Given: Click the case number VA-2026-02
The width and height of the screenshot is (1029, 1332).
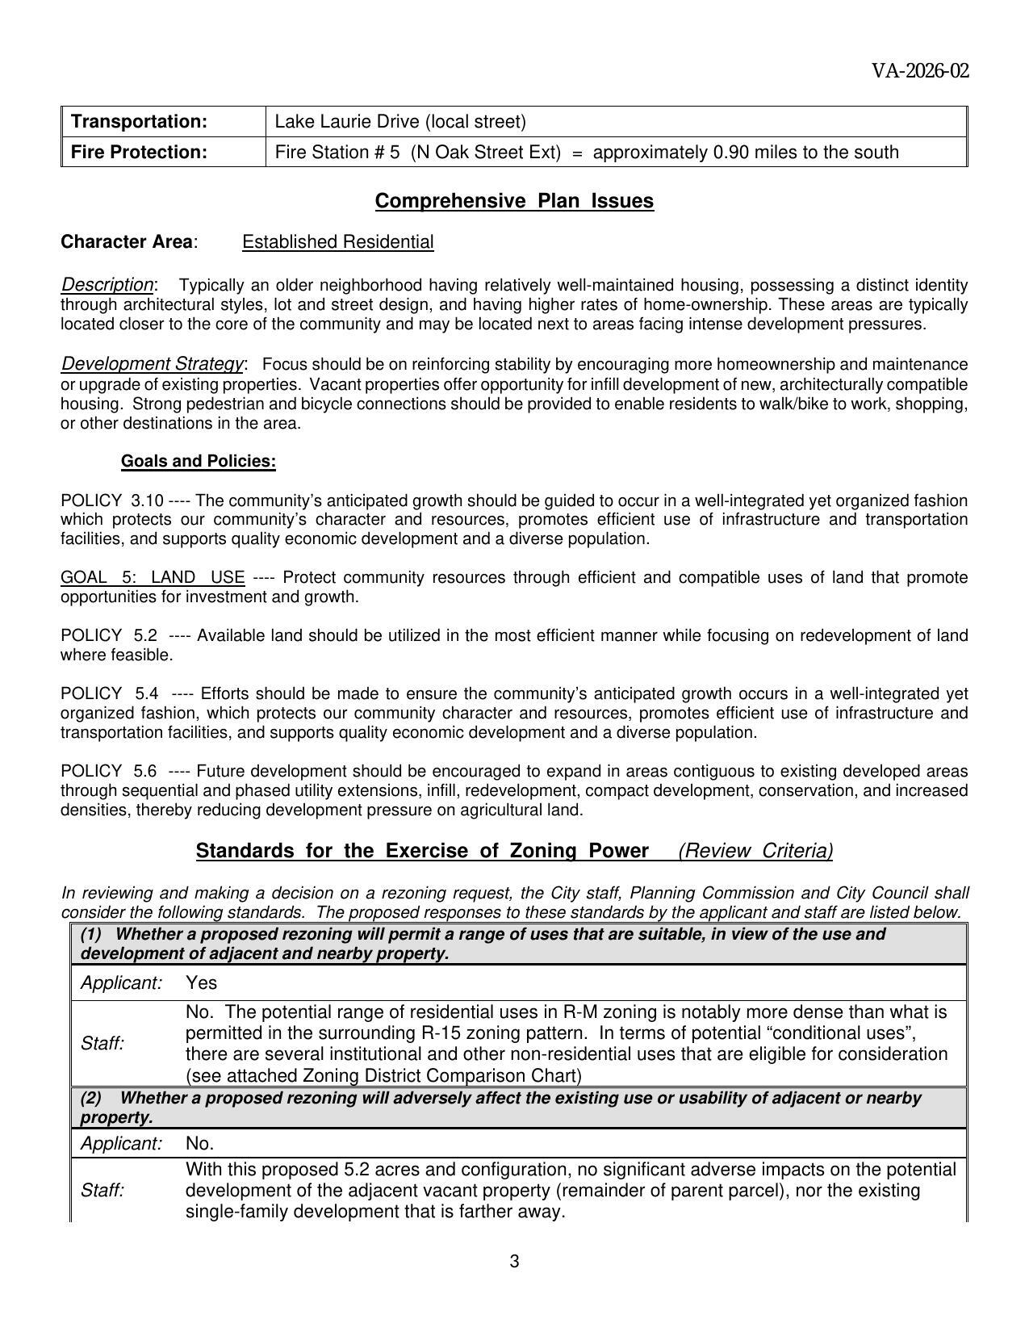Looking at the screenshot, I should [x=919, y=71].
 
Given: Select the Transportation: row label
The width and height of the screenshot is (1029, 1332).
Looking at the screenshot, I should [x=140, y=121].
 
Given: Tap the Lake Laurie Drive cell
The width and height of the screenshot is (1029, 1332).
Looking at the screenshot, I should [x=400, y=121].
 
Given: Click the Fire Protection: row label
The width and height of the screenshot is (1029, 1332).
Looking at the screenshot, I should [x=140, y=152].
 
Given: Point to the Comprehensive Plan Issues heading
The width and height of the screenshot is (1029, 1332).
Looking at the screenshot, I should [x=514, y=201].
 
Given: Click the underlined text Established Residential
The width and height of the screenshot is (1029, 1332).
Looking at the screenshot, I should [x=337, y=241].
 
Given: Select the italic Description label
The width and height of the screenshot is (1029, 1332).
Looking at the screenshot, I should [x=107, y=285].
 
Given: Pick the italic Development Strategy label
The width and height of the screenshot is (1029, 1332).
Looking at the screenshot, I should [x=152, y=364].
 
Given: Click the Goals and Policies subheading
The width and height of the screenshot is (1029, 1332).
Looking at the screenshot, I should [x=198, y=461].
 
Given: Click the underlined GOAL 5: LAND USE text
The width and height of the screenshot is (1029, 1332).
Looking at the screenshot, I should [x=153, y=577].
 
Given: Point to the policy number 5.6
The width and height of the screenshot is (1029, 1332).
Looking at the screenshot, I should [x=145, y=771].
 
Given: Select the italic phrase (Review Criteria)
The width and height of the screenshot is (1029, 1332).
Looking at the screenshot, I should [x=755, y=851].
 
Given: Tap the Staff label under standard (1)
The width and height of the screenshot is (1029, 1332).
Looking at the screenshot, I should [x=102, y=1043].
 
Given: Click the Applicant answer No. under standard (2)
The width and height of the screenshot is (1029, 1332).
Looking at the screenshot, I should [x=199, y=1143].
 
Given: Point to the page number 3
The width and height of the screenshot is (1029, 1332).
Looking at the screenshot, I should [x=514, y=1262].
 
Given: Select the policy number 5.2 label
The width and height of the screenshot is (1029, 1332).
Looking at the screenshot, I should [x=145, y=635].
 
